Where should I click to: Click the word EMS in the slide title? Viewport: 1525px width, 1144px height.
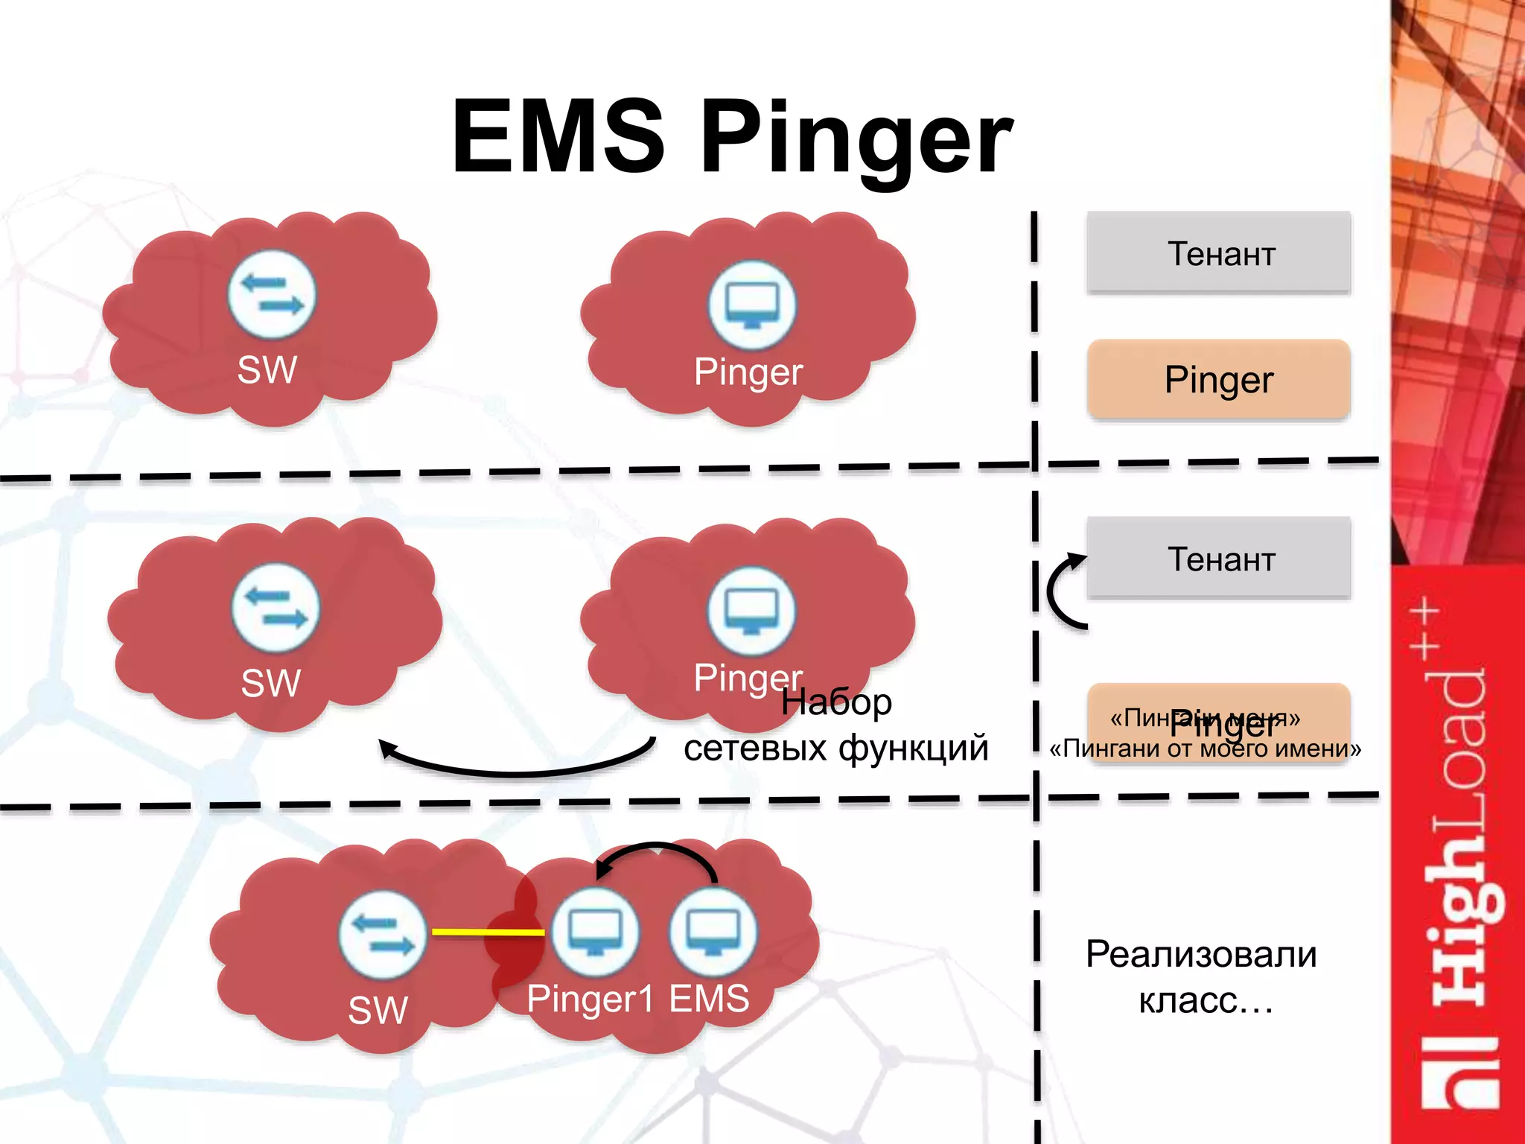coord(558,138)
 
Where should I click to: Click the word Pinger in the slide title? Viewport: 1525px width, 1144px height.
coord(856,142)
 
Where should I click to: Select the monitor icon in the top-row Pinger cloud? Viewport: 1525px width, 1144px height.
coord(751,305)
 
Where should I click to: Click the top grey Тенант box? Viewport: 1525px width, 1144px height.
coord(1218,253)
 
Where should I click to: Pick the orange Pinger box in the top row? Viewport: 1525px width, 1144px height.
coord(1218,380)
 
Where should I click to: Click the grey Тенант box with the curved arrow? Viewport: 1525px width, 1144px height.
coord(1218,559)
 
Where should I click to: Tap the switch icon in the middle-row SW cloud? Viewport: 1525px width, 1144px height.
coord(276,608)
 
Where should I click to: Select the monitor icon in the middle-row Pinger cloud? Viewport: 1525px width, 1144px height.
coord(751,611)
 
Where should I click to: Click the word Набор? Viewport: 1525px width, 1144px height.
coord(836,702)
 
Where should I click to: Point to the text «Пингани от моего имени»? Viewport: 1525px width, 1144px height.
coord(1205,749)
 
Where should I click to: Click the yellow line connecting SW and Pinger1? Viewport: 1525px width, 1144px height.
coord(488,932)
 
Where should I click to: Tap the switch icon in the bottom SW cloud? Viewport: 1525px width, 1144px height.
coord(383,934)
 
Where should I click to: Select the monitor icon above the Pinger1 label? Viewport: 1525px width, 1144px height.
coord(594,932)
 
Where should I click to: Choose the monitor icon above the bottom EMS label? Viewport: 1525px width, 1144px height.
coord(713,932)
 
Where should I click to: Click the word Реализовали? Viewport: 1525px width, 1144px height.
coord(1200,955)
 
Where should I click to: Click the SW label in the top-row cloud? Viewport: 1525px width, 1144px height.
coord(267,369)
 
